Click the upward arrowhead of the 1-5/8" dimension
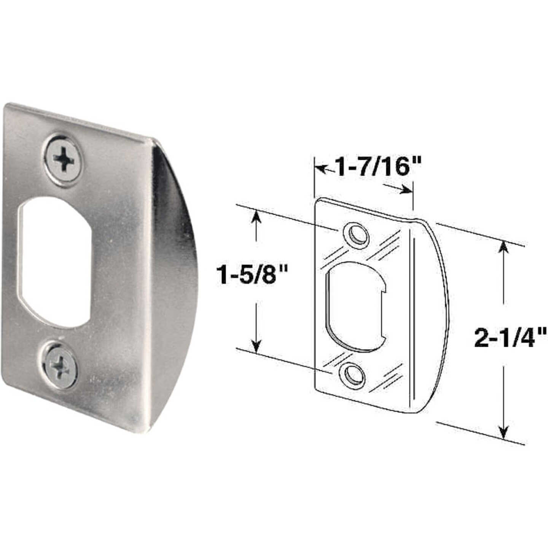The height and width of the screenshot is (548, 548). [x=257, y=217]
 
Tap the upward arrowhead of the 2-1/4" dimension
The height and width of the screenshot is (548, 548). [x=503, y=249]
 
